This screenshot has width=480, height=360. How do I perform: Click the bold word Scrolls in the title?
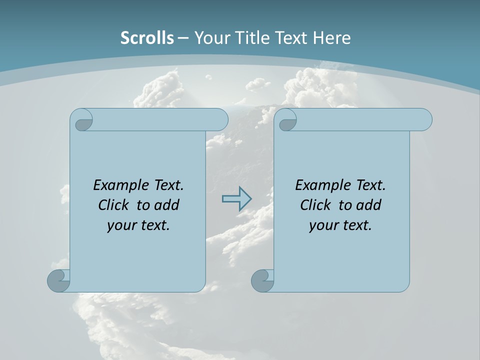click(x=147, y=37)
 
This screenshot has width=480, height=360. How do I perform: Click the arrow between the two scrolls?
click(x=236, y=198)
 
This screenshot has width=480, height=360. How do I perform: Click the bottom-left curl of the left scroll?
click(x=59, y=280)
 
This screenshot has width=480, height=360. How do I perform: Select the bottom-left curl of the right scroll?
click(x=262, y=280)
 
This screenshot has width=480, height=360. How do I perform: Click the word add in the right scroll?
click(x=368, y=205)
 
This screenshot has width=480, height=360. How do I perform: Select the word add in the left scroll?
click(x=166, y=205)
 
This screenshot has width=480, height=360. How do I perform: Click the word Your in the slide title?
click(x=210, y=37)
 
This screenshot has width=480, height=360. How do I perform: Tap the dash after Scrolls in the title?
click(x=183, y=37)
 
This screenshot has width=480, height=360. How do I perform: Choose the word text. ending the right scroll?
click(x=356, y=225)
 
